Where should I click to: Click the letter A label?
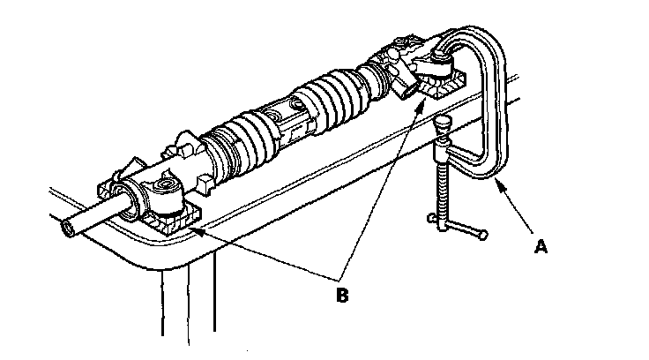(543, 248)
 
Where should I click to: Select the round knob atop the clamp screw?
(443, 124)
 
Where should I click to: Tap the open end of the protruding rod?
(68, 229)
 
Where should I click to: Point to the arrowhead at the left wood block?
(190, 228)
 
